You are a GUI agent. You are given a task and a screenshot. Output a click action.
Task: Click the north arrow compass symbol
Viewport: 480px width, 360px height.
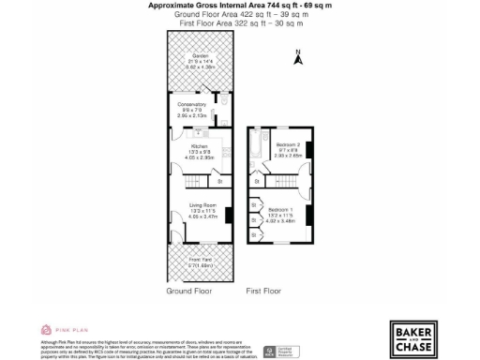298,58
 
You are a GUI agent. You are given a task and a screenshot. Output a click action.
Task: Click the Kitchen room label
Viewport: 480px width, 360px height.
198,147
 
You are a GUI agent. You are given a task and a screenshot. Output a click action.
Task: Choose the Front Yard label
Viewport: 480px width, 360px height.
201,260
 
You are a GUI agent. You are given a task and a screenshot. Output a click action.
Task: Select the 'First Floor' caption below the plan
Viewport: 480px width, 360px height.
264,291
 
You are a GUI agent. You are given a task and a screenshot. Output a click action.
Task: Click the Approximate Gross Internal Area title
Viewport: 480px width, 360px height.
239,5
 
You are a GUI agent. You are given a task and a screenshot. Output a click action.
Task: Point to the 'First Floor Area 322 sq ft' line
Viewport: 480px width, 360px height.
239,22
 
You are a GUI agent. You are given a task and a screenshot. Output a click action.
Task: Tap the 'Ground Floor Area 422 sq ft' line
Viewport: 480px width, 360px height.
239,14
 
